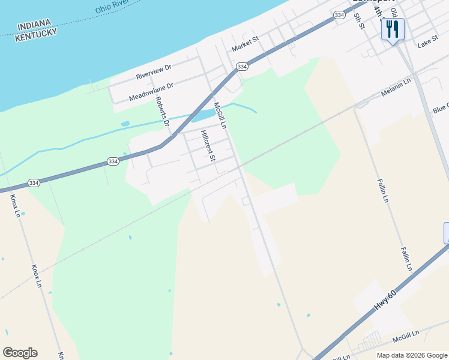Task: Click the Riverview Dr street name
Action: coord(154,72)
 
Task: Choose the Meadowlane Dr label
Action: coord(151,92)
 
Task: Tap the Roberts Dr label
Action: coord(163,112)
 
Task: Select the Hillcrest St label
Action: coord(208,146)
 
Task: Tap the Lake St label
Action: coord(428,43)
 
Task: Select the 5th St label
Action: coord(359,20)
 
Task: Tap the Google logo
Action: coord(20,352)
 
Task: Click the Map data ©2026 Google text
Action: coord(411,355)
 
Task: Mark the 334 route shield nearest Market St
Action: coord(242,67)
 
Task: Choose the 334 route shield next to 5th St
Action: coord(340,15)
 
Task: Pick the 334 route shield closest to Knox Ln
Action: coord(34,182)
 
